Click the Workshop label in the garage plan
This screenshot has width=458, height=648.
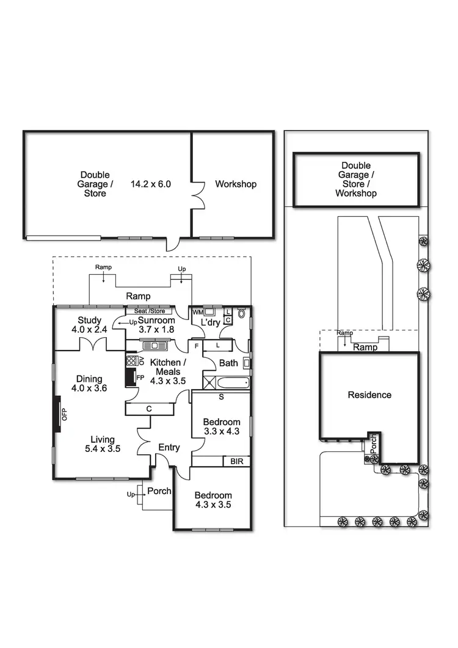pos(236,184)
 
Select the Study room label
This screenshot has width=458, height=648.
pos(89,326)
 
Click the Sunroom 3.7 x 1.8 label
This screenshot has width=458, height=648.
pos(156,326)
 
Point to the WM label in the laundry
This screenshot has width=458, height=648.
pos(197,313)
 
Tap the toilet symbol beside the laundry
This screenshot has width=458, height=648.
pos(242,315)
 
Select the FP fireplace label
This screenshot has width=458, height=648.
pos(140,377)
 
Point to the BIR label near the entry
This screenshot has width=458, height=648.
pos(236,462)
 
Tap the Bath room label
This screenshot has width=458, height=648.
pos(228,363)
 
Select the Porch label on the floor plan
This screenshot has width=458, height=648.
pos(159,491)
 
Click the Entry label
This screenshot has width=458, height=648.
pos(169,448)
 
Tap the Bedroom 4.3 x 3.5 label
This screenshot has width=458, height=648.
pos(213,500)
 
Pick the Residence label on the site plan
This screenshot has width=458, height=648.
pos(369,395)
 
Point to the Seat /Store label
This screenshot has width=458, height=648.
pos(150,310)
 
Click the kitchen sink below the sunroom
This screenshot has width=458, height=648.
pos(151,346)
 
